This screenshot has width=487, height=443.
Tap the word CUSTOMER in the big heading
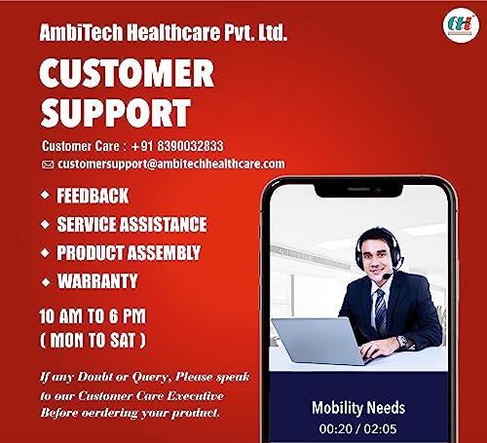(127, 74)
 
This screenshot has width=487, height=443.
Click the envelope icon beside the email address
(48, 165)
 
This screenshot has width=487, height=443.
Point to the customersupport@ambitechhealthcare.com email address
(171, 164)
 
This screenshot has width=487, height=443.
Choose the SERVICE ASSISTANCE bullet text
(131, 224)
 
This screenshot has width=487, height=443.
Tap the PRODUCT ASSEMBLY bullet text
(129, 253)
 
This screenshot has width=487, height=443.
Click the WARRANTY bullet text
(97, 282)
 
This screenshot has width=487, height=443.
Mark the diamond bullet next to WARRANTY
(45, 282)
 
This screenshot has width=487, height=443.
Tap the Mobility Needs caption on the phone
(358, 407)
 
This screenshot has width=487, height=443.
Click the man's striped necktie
(380, 310)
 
